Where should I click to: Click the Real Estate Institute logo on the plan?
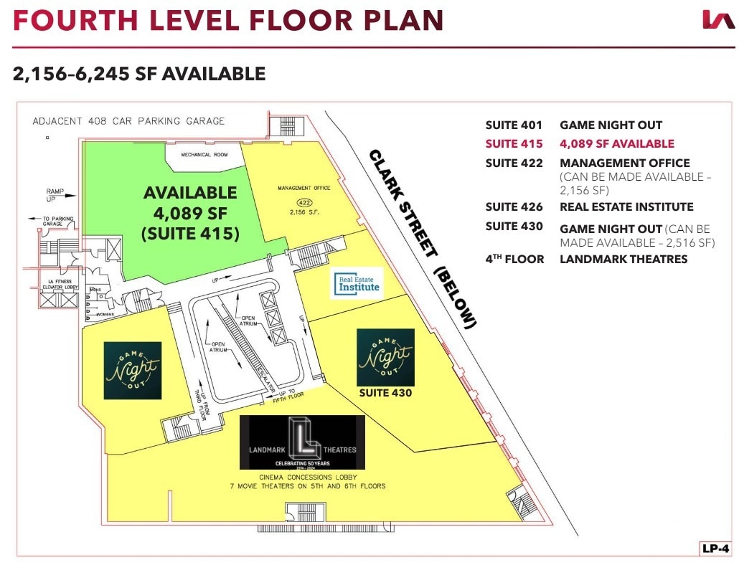point(356,285)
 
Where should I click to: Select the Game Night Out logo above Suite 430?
point(385,357)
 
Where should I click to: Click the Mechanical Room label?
point(204,154)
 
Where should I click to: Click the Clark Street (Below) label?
point(422,239)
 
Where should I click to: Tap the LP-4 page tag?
point(714,549)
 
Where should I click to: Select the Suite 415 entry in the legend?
point(514,144)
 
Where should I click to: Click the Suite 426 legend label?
point(514,206)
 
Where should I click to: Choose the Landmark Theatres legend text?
point(623,259)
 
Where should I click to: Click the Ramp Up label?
point(55,196)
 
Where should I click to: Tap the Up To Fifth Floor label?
point(292,395)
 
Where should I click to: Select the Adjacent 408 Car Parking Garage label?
point(128,121)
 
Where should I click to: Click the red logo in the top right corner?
point(718,20)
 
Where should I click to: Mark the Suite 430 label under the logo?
point(385,393)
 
